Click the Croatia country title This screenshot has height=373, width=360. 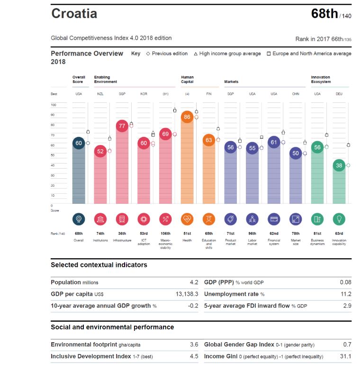coord(74,13)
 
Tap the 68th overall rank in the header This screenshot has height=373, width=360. coord(324,14)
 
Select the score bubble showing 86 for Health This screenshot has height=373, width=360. coord(187,117)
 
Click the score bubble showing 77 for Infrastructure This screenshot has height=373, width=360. coord(122,126)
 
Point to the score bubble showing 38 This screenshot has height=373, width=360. coord(339,165)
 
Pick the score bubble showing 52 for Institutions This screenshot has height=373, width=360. coord(100,151)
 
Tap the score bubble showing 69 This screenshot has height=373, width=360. coord(165,135)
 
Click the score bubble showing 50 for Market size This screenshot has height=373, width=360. coord(296,153)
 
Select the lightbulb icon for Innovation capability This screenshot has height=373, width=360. coord(339,218)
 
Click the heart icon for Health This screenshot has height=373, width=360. coord(187,218)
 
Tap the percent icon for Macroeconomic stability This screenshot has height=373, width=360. coord(165,218)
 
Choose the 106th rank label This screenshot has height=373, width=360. coord(165,234)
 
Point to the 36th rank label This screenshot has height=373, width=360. coord(122,234)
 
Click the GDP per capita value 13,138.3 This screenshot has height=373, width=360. coord(187,294)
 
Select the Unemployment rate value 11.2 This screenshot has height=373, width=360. coord(346,294)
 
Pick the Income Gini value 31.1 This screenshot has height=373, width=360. coord(346,356)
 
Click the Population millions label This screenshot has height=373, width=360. coord(74,282)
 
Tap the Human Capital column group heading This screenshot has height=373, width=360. coord(187,79)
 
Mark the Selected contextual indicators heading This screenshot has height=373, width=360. coord(99,265)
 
